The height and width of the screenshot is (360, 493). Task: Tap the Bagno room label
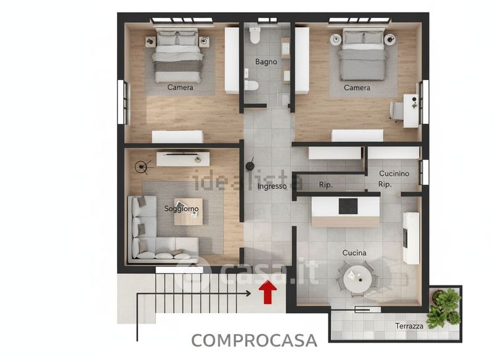click(x=266, y=62)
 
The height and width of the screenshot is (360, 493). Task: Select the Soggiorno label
click(x=181, y=209)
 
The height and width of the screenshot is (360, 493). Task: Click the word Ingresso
click(x=272, y=186)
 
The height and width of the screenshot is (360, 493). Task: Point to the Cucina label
click(x=354, y=253)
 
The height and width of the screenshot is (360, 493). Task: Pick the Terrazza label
click(x=409, y=326)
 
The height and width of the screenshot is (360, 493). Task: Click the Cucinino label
click(x=394, y=174)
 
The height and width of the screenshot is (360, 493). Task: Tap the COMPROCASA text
click(x=254, y=340)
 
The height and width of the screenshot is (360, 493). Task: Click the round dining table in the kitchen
click(x=357, y=278)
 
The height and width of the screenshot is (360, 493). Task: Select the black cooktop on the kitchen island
click(x=348, y=207)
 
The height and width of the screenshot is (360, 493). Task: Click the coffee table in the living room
click(x=189, y=211)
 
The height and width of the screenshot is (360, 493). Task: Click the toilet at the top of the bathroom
click(x=255, y=36)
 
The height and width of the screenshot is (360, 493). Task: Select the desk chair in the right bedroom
click(x=397, y=110)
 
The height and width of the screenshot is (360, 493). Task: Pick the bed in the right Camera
click(x=362, y=54)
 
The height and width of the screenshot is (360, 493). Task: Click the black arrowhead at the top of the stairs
click(x=248, y=293)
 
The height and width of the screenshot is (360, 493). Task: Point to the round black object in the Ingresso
click(x=250, y=166)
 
